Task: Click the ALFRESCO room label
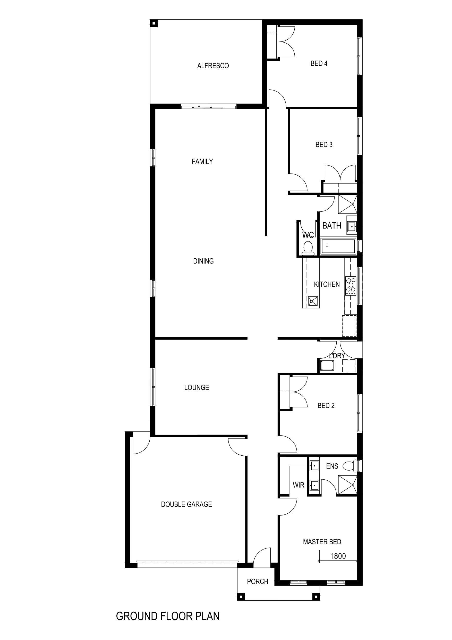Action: click(213, 66)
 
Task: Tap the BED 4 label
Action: click(319, 63)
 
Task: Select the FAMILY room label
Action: click(202, 161)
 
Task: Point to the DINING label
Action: click(203, 261)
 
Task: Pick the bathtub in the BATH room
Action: click(338, 247)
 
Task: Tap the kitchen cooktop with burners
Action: click(351, 286)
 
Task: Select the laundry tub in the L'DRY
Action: click(327, 365)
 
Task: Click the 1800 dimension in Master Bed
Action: click(338, 556)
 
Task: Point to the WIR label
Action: click(299, 485)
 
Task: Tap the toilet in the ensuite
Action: click(350, 466)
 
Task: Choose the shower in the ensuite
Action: click(347, 485)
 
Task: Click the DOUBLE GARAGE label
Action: click(186, 504)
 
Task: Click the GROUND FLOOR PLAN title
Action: click(168, 616)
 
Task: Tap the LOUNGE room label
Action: click(197, 388)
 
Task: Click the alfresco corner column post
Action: click(153, 23)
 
